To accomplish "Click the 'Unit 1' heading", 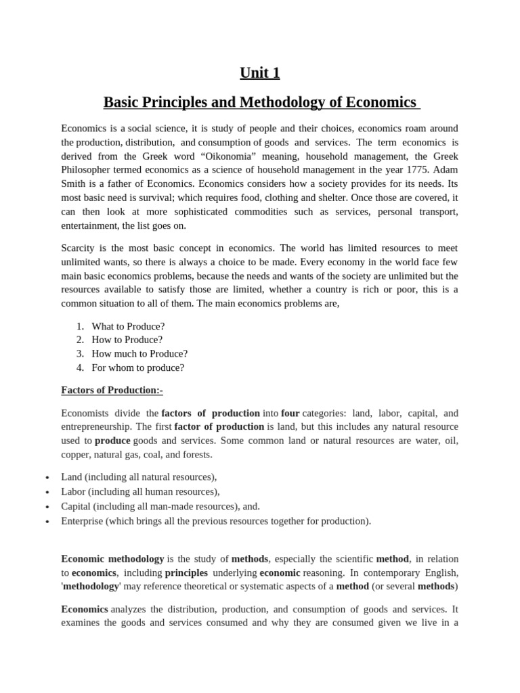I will click(260, 72).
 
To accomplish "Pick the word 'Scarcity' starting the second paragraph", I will click(79, 248).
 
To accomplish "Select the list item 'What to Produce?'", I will click(128, 326).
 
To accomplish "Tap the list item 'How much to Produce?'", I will click(139, 353).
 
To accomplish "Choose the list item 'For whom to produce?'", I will click(138, 367).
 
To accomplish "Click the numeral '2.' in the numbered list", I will click(80, 340).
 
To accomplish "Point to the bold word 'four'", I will click(290, 413).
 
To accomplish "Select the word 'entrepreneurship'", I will click(96, 426).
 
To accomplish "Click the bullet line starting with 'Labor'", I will click(140, 491).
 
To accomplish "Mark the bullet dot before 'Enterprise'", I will click(47, 522).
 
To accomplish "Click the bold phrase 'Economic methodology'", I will click(112, 558).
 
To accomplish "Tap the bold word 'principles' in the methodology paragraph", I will click(186, 572).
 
